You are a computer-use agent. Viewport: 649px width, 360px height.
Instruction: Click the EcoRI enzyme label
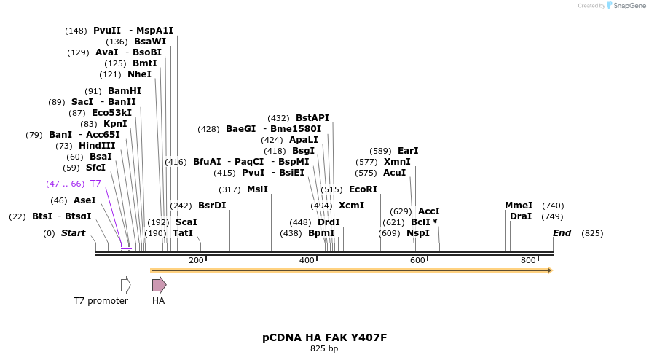tap(363, 189)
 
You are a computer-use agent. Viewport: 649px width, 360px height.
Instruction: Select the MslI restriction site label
tap(257, 189)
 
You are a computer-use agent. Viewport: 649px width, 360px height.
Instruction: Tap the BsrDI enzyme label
tap(212, 206)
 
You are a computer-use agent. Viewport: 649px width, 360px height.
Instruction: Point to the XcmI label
tap(351, 206)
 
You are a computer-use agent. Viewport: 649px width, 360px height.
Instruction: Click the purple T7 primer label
tap(95, 184)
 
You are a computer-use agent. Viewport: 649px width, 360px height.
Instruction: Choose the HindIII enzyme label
tap(97, 146)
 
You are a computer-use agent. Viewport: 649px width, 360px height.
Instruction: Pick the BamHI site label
tap(125, 91)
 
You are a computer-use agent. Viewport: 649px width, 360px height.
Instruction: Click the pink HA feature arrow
tap(159, 285)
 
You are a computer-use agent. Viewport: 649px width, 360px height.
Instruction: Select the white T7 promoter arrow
tap(126, 285)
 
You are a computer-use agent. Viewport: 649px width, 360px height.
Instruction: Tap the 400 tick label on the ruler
tap(307, 260)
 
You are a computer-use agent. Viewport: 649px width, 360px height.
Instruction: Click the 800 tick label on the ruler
tap(528, 260)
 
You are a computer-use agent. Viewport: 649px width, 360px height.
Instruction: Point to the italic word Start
tap(73, 233)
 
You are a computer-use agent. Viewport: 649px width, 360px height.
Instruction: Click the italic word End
tap(562, 233)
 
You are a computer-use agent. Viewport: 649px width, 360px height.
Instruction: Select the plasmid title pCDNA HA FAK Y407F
tap(324, 338)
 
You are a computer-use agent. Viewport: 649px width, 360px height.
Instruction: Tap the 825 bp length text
tap(324, 349)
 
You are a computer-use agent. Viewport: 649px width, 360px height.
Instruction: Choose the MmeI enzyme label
tap(519, 206)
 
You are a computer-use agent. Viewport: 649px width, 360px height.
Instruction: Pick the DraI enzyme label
tap(521, 216)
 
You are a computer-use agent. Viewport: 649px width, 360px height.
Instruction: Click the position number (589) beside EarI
tap(381, 151)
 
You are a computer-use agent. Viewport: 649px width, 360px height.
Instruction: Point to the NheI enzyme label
tap(139, 74)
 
